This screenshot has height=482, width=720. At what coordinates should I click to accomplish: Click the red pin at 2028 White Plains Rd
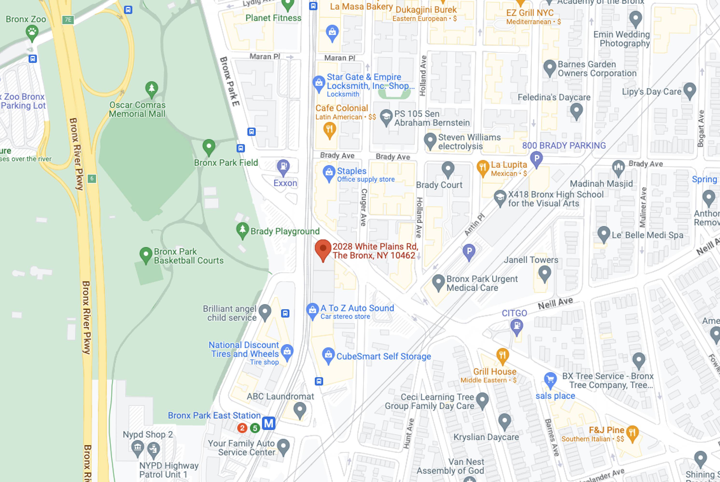(x=323, y=249)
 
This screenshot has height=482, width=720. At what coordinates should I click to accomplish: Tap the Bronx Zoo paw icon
(x=32, y=32)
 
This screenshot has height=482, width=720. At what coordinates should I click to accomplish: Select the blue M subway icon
(x=268, y=423)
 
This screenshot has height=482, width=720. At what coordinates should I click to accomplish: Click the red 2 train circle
(x=242, y=428)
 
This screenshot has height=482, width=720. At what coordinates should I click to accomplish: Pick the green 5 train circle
(x=255, y=428)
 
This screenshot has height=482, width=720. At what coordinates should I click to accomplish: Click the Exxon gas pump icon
(x=283, y=167)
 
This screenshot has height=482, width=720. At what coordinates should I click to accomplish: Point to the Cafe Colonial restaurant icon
(x=329, y=129)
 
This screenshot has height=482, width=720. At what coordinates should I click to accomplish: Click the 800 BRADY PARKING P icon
(x=537, y=159)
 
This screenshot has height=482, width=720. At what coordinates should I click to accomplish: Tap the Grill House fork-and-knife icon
(x=502, y=355)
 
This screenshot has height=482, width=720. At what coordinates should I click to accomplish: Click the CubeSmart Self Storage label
(x=383, y=357)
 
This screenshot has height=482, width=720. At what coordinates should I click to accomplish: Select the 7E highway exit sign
(x=68, y=20)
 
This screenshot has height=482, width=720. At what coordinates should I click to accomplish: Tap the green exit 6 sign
(x=92, y=178)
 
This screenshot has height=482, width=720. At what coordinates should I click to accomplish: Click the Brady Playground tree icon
(x=243, y=230)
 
